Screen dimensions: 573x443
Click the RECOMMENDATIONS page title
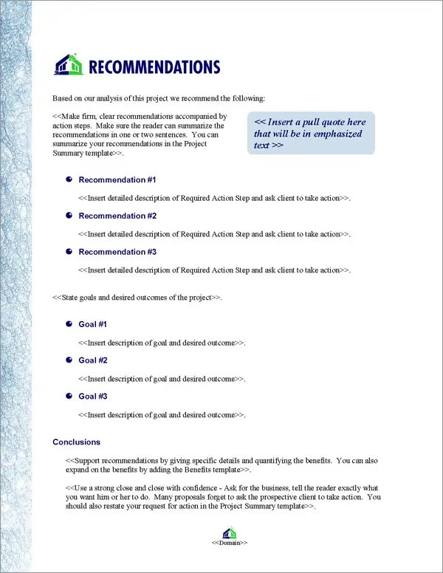[154, 67]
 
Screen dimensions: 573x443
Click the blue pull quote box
[311, 133]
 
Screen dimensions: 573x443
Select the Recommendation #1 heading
[117, 180]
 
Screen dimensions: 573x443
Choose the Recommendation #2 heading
[117, 216]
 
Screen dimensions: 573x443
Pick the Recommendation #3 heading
[117, 253]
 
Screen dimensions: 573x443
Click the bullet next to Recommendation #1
[69, 179]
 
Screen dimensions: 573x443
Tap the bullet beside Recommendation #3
[69, 252]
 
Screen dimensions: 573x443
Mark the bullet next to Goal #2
[69, 360]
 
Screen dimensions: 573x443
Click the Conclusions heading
[76, 442]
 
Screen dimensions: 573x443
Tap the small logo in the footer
[229, 533]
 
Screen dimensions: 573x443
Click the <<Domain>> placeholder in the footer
[229, 543]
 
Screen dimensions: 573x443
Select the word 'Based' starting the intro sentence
[63, 98]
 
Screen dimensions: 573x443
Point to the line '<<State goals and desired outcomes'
[137, 298]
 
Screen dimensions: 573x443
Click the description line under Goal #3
[162, 415]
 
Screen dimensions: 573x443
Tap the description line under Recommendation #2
[214, 234]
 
